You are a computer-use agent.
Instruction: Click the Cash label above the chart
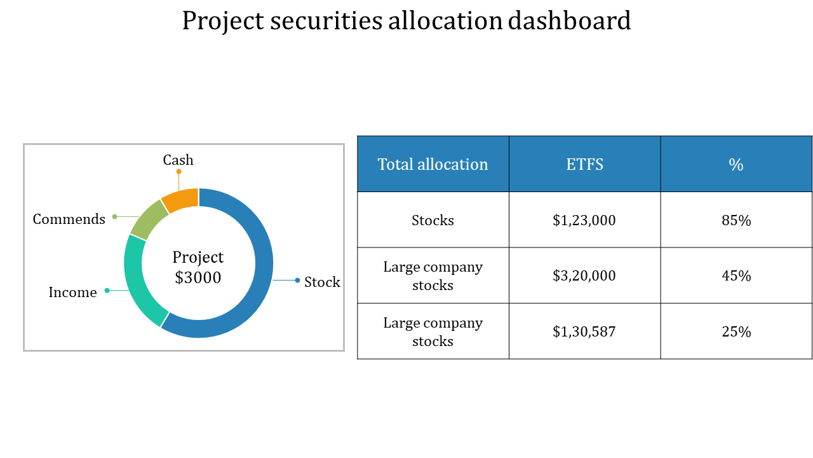tap(178, 160)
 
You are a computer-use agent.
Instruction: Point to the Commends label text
tap(69, 219)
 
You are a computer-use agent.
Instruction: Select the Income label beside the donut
tap(72, 293)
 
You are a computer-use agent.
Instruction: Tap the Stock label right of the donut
tap(322, 282)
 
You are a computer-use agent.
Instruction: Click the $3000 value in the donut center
tap(198, 278)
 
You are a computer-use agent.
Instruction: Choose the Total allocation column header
tap(433, 165)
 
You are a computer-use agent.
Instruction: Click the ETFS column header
tap(584, 165)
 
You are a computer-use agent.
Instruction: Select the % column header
tap(736, 165)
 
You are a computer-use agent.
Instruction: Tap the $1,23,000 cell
tap(584, 221)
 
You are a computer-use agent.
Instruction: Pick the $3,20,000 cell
tap(584, 276)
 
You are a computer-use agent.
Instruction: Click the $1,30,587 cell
tap(584, 331)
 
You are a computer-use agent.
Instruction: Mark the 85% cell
tap(736, 221)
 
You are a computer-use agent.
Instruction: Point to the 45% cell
tap(736, 276)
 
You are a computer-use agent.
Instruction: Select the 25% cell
tap(736, 331)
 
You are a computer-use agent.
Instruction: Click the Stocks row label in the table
tap(433, 221)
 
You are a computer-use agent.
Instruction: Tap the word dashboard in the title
tap(569, 21)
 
